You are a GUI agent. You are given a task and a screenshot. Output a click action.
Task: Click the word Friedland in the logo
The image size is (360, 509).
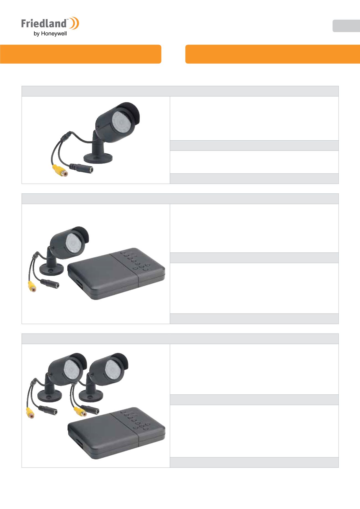coord(44,23)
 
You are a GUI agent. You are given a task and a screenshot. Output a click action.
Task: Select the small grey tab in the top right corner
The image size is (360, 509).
coord(346,26)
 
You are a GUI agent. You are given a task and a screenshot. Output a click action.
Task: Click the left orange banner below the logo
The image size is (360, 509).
coord(81,54)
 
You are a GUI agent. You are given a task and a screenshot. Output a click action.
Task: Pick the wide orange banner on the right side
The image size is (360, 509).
coord(272,54)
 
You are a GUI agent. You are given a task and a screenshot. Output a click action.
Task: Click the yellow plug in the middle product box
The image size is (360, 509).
coord(32,286)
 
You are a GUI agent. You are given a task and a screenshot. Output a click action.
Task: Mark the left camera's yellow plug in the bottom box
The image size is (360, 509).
coord(31,412)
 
